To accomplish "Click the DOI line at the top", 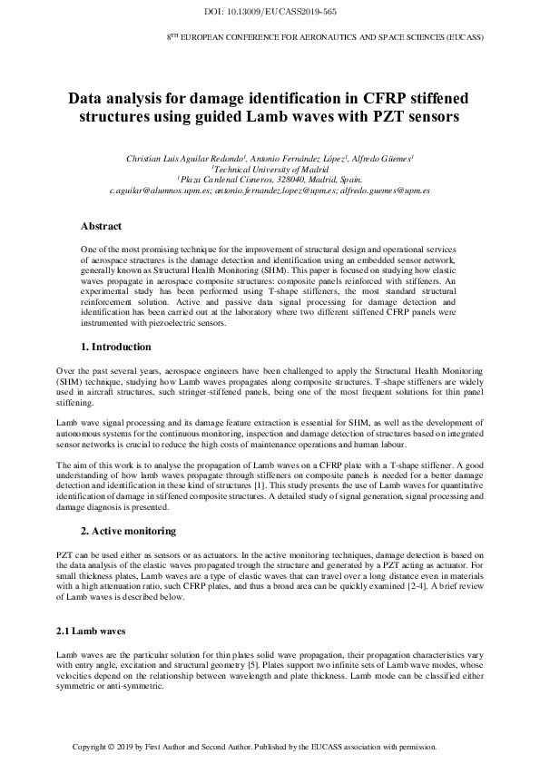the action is point(270,12).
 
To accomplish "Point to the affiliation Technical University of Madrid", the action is point(270,170).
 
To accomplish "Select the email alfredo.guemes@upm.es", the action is point(385,191).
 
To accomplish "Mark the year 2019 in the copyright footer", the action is point(130,747).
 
